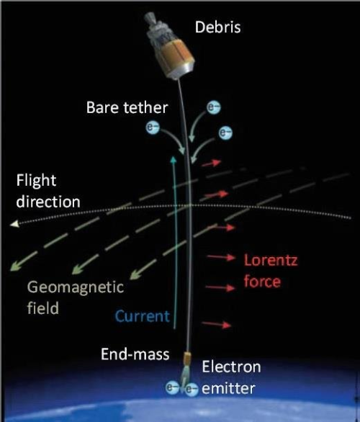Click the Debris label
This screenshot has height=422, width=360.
[217, 27]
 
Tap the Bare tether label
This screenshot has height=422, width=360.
[127, 107]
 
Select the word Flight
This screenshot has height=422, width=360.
[36, 181]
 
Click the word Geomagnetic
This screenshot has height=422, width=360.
[76, 288]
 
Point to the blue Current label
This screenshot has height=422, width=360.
[143, 316]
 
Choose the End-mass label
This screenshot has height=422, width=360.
[135, 354]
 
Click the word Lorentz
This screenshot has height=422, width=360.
[271, 260]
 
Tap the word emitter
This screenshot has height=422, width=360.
[228, 388]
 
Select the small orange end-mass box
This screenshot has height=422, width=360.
[186, 357]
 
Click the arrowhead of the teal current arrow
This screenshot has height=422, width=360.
[174, 159]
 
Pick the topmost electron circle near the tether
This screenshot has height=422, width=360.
[214, 107]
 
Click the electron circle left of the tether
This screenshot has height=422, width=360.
[153, 127]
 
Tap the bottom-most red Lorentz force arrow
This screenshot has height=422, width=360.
[217, 324]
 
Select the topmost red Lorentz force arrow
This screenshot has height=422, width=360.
[212, 163]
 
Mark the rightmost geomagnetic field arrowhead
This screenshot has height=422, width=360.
[136, 274]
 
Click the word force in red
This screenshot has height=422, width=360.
[262, 282]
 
